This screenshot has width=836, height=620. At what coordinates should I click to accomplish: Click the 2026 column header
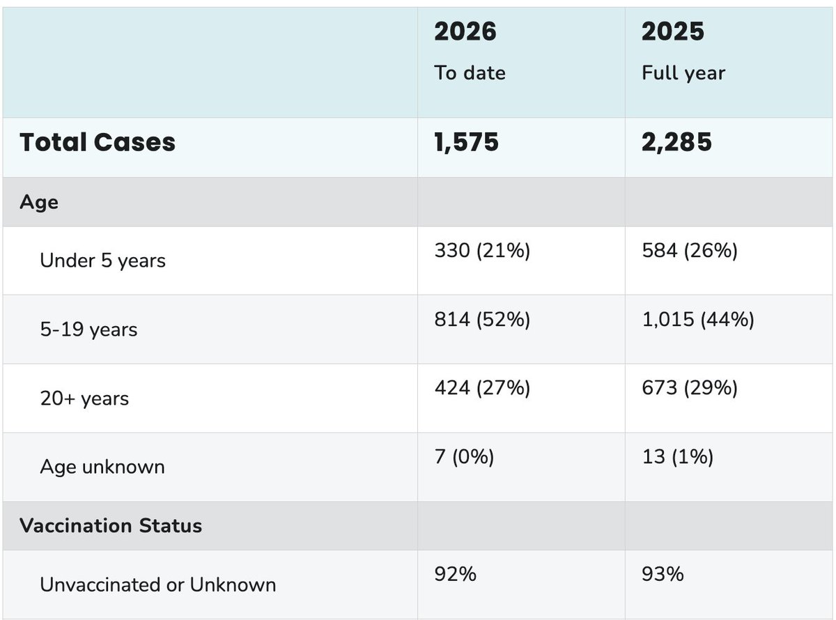coord(465,32)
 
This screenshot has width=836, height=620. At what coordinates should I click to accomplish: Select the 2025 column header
coord(673,32)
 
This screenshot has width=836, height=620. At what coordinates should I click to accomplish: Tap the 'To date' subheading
coord(470,72)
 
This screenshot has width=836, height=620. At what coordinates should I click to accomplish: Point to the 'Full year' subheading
coord(683,72)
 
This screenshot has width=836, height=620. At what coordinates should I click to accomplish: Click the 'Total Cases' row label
coord(98,142)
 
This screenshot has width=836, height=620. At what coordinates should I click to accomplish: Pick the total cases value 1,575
coord(467,142)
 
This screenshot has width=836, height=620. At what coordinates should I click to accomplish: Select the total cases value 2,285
coord(676,142)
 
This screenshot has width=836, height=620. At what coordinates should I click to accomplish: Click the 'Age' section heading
coord(39,202)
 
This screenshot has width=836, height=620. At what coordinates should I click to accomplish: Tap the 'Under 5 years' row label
coord(103,261)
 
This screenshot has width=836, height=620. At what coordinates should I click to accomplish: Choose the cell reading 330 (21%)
coord(482,250)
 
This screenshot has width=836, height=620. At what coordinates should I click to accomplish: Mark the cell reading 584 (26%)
coord(690,250)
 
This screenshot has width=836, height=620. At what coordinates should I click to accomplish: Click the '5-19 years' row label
coord(88,329)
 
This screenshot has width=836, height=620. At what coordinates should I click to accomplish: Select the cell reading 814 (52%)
coord(482,319)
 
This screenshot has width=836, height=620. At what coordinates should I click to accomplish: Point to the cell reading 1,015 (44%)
coord(698,319)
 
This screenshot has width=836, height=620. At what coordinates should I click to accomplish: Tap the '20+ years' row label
coord(84,398)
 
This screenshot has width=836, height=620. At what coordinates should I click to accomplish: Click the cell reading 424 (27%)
coord(482,388)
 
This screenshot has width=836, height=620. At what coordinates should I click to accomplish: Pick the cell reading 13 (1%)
coord(677,458)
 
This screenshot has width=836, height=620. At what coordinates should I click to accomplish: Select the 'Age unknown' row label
coord(102,467)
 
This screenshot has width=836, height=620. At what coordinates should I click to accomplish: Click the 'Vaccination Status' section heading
coord(111,525)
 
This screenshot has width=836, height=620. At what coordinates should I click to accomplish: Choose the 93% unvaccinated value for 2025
coord(663,574)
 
